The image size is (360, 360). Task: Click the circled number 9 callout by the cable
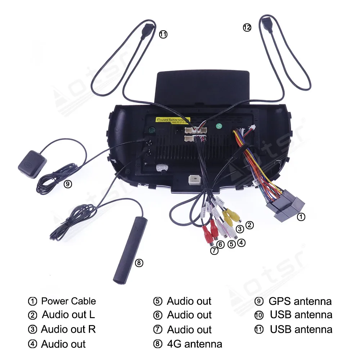pos(68,184)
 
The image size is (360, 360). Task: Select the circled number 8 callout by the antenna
pos(139,263)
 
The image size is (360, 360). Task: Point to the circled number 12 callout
pos(247,27)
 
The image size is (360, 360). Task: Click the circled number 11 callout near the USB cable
pos(163,35)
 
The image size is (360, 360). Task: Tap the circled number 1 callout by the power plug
pos(301,217)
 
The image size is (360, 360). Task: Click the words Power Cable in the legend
pos(68,301)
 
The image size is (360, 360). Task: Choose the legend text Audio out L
pos(68,315)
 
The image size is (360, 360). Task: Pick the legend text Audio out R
pos(68,329)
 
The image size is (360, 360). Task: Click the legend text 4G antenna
pos(194,344)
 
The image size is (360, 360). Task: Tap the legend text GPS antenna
pos(300,301)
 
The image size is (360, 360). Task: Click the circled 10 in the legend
pos(259,315)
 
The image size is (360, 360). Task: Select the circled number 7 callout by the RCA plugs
pos(214,251)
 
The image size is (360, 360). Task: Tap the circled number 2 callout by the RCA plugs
pos(249,225)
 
